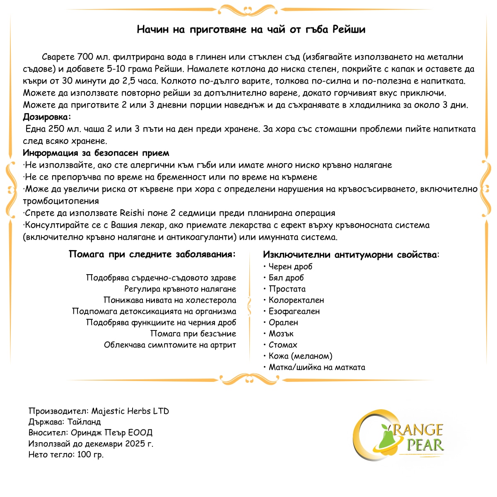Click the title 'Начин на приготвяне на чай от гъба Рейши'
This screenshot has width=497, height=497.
(x=251, y=29)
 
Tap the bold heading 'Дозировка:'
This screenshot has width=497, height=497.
(x=47, y=117)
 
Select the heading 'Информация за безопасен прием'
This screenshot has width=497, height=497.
(x=96, y=153)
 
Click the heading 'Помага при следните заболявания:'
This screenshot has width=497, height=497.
(x=152, y=254)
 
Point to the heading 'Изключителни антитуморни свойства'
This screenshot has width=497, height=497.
(x=350, y=254)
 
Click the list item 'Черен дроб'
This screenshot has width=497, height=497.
(x=290, y=266)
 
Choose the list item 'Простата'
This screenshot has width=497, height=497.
(x=287, y=289)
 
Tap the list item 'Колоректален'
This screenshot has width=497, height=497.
(x=296, y=300)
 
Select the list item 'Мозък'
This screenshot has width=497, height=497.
(x=281, y=333)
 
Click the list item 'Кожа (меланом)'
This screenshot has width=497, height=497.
(x=300, y=356)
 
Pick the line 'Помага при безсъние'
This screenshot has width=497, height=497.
(x=193, y=333)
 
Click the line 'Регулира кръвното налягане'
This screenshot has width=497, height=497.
(x=180, y=289)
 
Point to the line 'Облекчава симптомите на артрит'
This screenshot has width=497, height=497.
(x=170, y=345)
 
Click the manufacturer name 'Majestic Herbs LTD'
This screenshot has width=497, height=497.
(x=130, y=411)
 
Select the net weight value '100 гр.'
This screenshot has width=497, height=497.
(x=90, y=454)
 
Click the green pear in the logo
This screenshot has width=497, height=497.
(x=387, y=439)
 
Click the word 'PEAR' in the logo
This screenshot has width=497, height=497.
(x=425, y=445)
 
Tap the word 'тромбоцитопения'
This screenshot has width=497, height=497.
(x=61, y=201)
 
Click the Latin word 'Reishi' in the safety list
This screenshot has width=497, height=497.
(x=132, y=213)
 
